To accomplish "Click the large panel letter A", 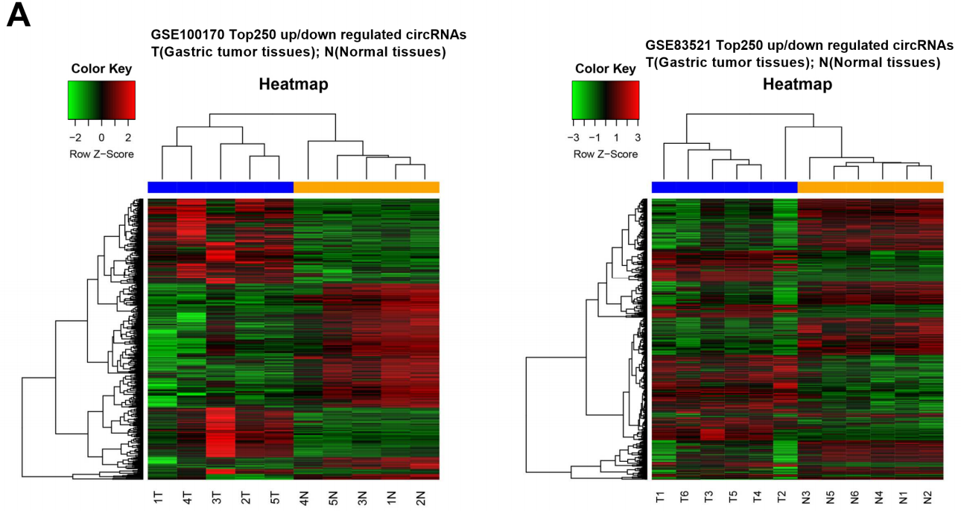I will pos(19,16).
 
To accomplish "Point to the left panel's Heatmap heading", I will pos(294,84).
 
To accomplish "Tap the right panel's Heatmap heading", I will pos(797,84).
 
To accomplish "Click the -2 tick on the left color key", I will pos(74,138).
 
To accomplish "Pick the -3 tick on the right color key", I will pos(574,138).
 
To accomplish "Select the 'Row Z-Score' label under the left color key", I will pos(101,153).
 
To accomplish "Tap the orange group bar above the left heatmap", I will pos(367,187).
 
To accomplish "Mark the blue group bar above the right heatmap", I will pos(724,187).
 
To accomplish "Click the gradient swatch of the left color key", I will pos(101,100).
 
